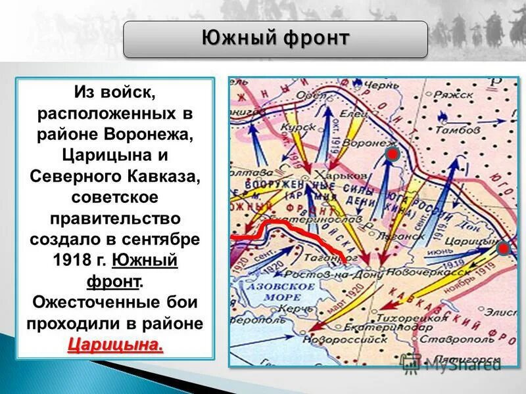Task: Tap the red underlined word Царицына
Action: tap(115, 344)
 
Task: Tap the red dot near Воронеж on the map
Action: tap(392, 155)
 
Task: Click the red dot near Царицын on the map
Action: tap(503, 248)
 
